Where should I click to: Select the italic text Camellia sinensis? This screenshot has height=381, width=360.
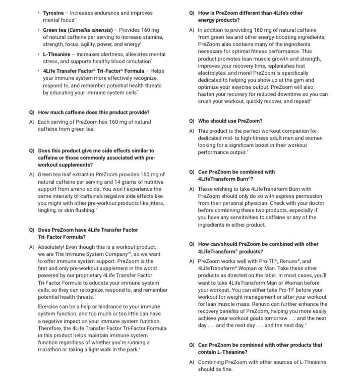click(88, 30)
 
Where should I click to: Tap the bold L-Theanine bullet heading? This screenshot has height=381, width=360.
click(57, 54)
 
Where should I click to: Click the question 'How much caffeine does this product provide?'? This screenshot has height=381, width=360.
click(94, 113)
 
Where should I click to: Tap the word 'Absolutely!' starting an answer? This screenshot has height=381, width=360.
click(53, 247)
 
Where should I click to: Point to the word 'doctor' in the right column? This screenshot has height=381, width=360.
click(315, 203)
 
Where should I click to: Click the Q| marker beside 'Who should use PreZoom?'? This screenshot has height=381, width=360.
click(192, 121)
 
